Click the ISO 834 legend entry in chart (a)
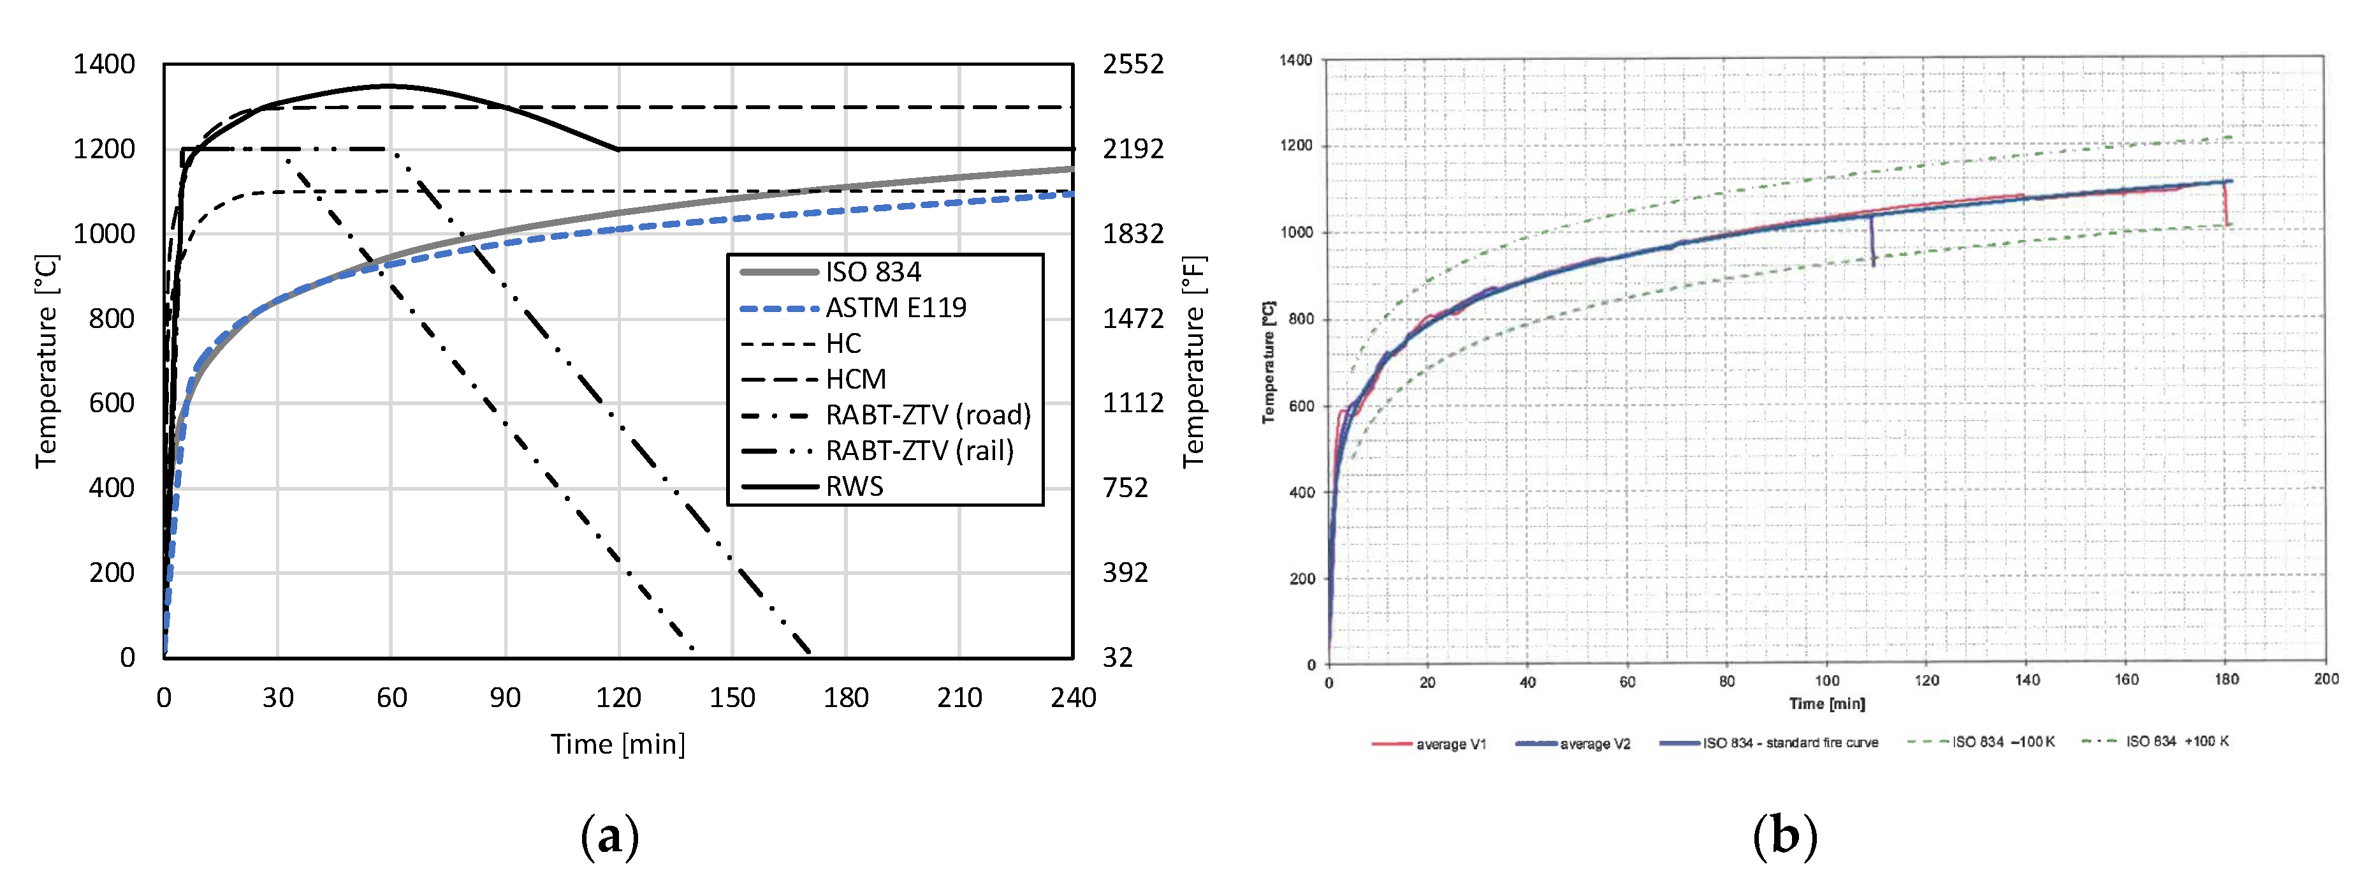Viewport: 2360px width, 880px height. pyautogui.click(x=872, y=271)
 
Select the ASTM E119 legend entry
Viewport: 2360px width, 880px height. pyautogui.click(x=895, y=307)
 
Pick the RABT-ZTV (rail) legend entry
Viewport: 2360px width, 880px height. pyautogui.click(x=919, y=450)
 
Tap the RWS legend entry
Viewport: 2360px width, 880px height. pyautogui.click(x=854, y=486)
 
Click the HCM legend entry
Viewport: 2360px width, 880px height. pyautogui.click(x=856, y=378)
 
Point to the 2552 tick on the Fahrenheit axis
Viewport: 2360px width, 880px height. pyautogui.click(x=1132, y=64)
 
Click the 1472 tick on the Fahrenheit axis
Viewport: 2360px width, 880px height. pyautogui.click(x=1132, y=318)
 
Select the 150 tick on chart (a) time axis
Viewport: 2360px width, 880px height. pyautogui.click(x=732, y=697)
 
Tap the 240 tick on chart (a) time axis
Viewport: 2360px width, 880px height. pyautogui.click(x=1073, y=697)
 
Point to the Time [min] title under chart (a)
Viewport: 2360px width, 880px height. pyautogui.click(x=618, y=743)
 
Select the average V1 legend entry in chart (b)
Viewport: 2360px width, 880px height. pyautogui.click(x=1450, y=743)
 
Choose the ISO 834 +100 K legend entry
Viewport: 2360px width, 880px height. pyautogui.click(x=2176, y=741)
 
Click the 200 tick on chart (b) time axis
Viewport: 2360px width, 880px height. pyautogui.click(x=2325, y=679)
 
